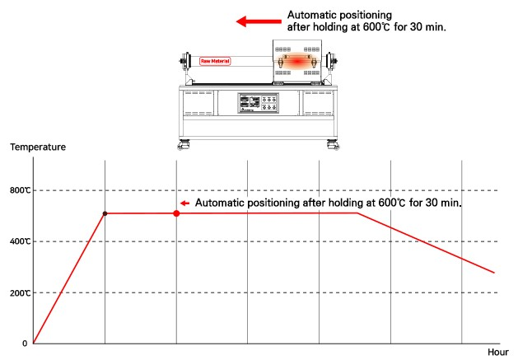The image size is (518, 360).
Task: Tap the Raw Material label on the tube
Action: [216, 61]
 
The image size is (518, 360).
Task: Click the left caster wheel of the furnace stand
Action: [181, 147]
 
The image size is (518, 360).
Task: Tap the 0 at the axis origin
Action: [24, 343]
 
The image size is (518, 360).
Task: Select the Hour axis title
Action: [498, 352]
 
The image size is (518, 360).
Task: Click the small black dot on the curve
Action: [105, 213]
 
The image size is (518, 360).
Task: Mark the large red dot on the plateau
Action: [176, 213]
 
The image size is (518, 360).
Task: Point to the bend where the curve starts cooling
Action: [357, 213]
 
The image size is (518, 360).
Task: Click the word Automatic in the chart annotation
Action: [225, 203]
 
